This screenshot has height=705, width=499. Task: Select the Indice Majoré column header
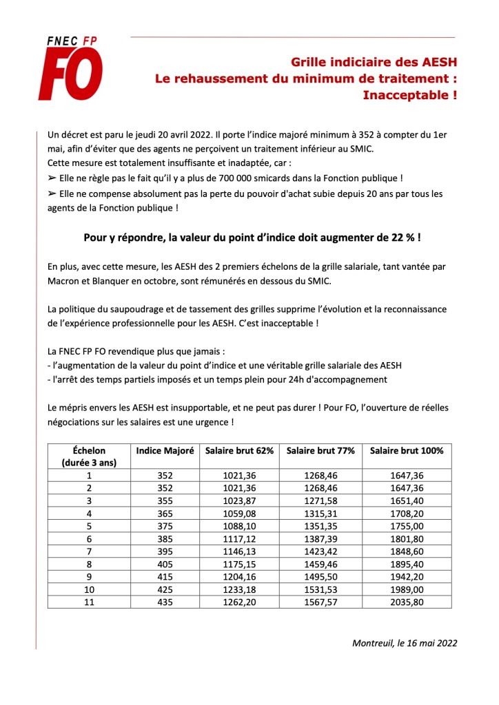[x=165, y=450]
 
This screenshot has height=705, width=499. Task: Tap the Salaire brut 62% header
[x=240, y=450]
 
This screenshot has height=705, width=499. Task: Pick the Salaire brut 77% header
[x=320, y=450]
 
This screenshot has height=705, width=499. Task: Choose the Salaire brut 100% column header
[x=407, y=450]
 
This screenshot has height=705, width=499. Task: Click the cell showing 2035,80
[x=407, y=601]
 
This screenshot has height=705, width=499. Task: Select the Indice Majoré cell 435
[x=165, y=601]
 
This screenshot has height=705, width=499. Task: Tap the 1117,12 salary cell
[x=240, y=539]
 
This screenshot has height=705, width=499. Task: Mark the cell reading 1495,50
[x=320, y=576]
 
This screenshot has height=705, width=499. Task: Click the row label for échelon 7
[x=89, y=551]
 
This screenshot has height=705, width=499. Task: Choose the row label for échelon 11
[x=89, y=601]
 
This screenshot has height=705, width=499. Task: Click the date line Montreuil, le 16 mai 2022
[x=404, y=644]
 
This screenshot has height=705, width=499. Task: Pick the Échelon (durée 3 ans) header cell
[x=89, y=456]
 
